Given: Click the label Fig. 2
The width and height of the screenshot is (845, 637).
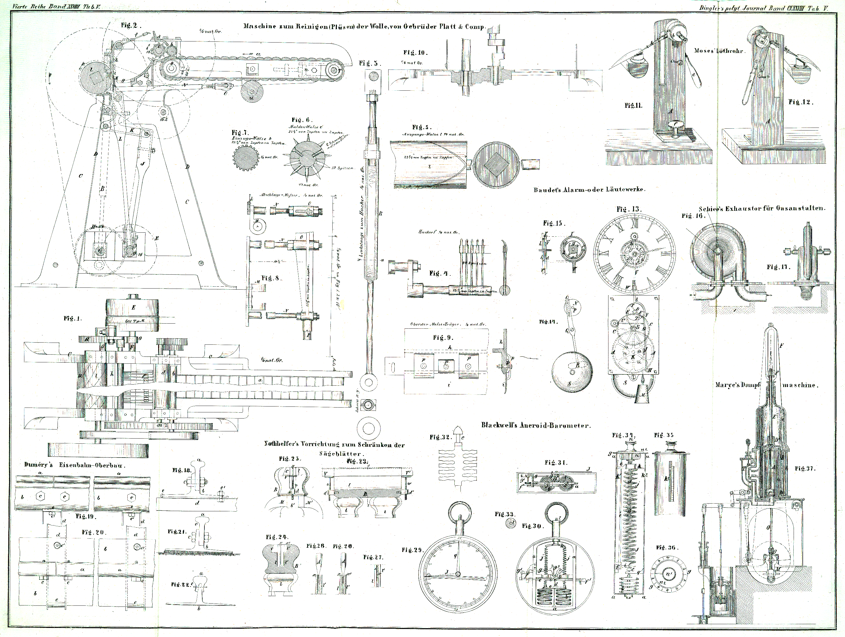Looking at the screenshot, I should coord(131,26).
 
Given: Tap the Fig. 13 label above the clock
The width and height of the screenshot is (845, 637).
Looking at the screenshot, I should coord(629,209).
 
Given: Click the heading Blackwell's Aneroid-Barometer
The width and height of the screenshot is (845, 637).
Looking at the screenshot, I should coord(536,425).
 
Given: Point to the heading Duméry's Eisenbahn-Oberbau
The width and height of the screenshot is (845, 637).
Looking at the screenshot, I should coord(75,465).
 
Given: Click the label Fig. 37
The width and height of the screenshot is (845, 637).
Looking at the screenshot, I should coord(805,469).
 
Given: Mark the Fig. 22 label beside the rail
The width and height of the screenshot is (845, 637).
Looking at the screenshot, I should coord(181,584).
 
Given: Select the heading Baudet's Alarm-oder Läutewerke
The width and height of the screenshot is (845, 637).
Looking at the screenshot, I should coord(589,189).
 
